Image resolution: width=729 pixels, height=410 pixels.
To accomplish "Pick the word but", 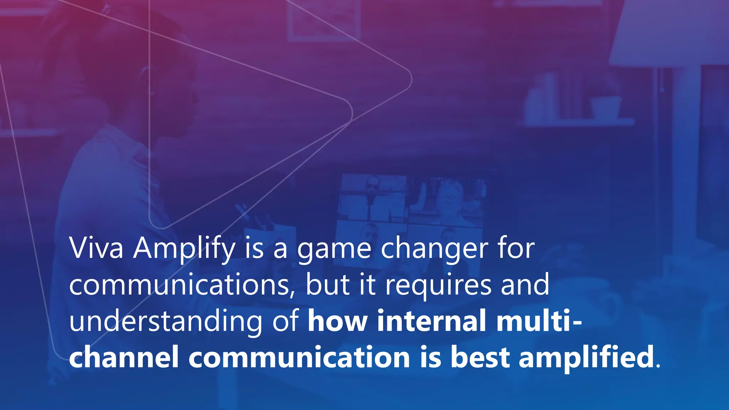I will pos(327,285).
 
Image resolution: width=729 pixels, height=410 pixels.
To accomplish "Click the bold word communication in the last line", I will pos(299,357).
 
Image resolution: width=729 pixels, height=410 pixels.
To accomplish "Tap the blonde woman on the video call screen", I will pos(450,201).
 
